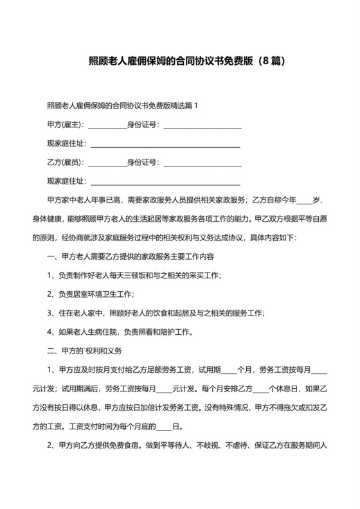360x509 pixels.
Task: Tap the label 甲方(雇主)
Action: pos(66,125)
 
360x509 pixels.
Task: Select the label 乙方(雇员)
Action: pos(66,163)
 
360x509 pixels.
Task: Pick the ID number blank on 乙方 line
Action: pos(203,165)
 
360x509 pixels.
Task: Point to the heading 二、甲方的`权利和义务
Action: pos(89,352)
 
